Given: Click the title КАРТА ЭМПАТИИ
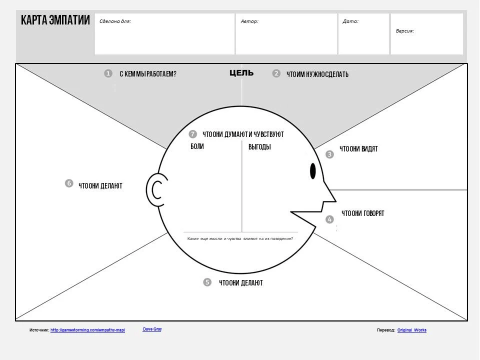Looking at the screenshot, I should coord(55,20).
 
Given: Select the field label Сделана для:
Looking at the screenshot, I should coord(115,21).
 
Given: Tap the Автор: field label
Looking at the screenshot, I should coord(249,21).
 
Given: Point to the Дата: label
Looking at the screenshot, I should coord(350,21).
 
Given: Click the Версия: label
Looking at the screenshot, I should coord(405,31).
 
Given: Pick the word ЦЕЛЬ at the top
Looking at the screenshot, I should coord(241,73).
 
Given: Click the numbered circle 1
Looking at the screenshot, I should coord(108,73).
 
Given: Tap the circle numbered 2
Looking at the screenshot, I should coord(276,73).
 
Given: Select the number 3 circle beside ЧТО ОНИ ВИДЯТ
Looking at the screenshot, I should coord(329,154).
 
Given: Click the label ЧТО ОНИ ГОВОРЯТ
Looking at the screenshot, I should coord(363,213).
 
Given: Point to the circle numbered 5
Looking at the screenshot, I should coord(207,282).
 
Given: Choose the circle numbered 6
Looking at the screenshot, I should coord(69,183).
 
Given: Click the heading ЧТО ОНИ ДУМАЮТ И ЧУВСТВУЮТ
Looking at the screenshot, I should coord(243,134).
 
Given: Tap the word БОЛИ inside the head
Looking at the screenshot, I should coord(197,146).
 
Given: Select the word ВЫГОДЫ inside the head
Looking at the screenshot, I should coord(259,147).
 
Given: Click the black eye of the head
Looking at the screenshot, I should coord(313,171).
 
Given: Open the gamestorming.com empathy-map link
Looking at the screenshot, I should coord(87,330).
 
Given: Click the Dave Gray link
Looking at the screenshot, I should coord(152,329).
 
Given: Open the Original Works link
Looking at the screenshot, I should coord(412,330).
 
